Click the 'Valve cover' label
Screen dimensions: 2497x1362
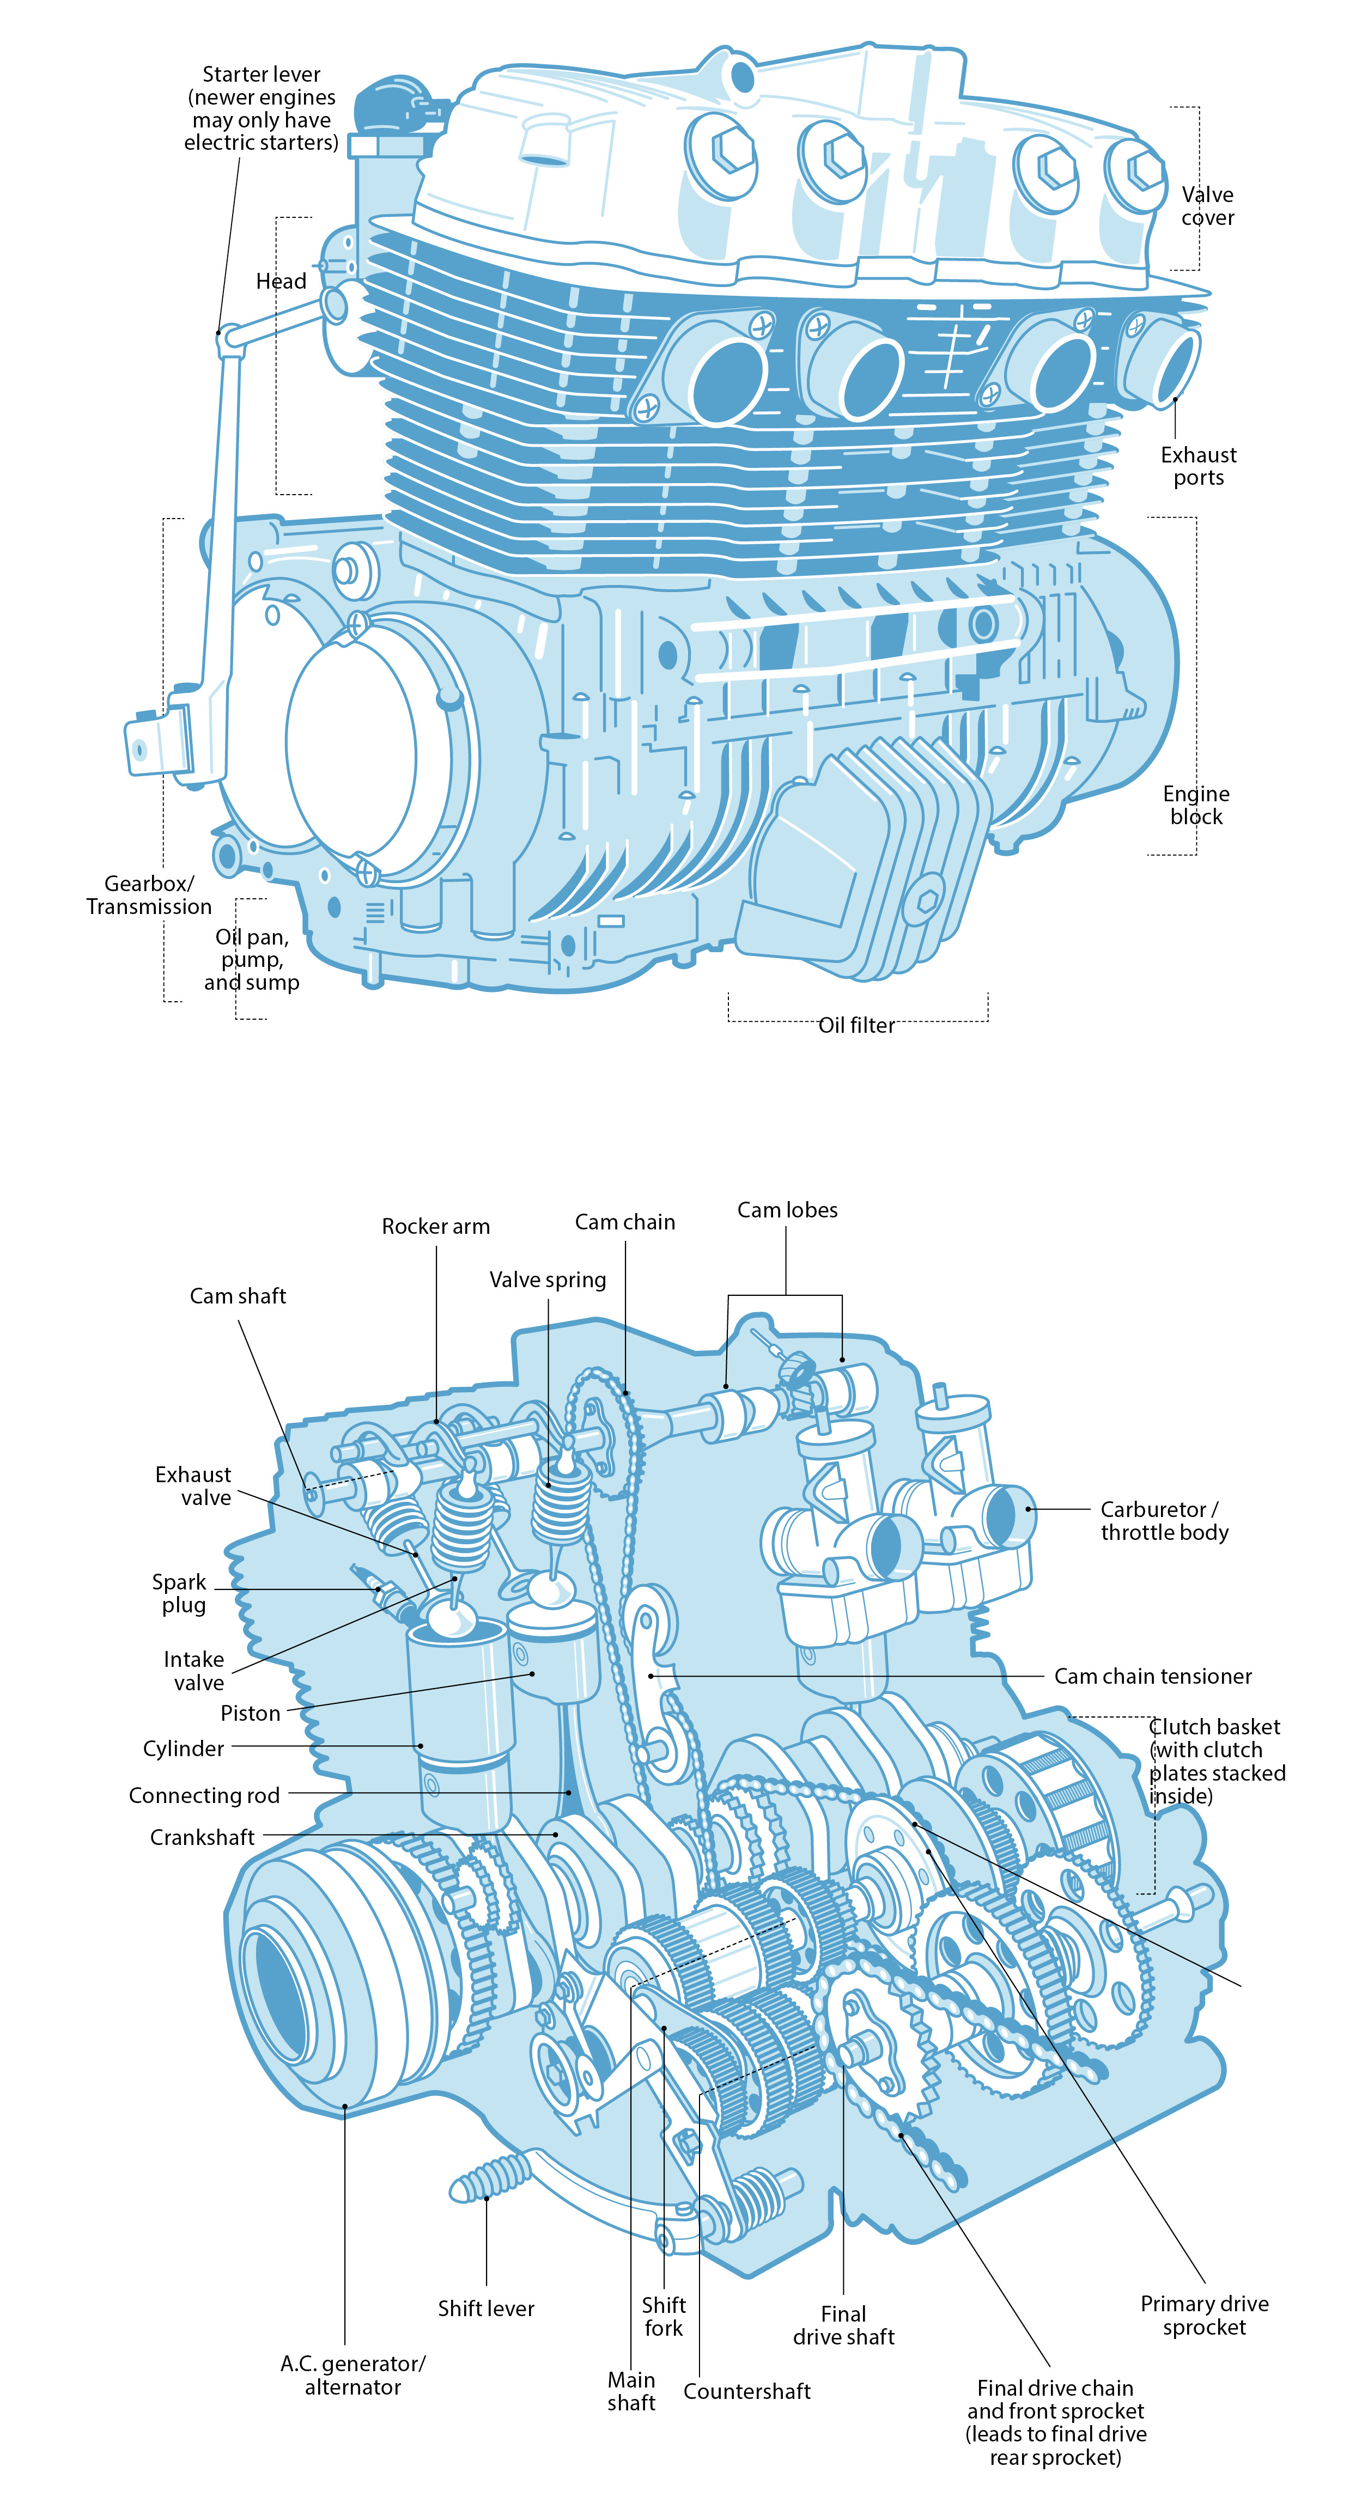(1207, 205)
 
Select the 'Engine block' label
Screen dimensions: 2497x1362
(1195, 805)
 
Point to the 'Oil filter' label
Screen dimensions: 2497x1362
(856, 1025)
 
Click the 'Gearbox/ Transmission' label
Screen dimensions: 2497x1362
(148, 894)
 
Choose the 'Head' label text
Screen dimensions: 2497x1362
(281, 281)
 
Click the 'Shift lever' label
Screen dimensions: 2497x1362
(485, 2308)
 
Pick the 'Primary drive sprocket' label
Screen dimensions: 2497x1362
(1204, 2315)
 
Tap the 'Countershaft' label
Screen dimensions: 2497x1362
(746, 2391)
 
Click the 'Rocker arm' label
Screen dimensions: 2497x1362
(435, 1226)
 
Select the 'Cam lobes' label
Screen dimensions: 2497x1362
(787, 1210)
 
